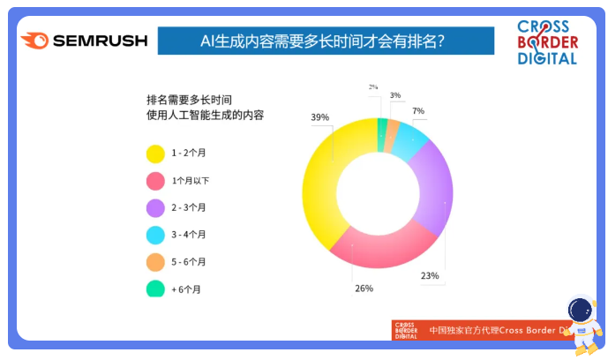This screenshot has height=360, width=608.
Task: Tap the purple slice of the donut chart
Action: pyautogui.click(x=435, y=190)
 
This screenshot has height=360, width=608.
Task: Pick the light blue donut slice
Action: pyautogui.click(x=409, y=140)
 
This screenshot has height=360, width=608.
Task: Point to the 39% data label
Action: pyautogui.click(x=320, y=117)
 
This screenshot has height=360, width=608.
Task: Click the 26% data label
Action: pyautogui.click(x=364, y=289)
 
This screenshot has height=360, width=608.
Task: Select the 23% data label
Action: pyautogui.click(x=430, y=275)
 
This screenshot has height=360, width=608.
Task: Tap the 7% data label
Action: pyautogui.click(x=418, y=111)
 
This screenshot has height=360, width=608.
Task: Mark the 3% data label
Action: pyautogui.click(x=395, y=95)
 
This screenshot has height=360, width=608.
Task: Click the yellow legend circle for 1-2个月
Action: pyautogui.click(x=155, y=154)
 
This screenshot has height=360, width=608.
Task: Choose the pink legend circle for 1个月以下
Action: pyautogui.click(x=155, y=181)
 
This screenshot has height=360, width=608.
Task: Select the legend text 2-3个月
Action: pyautogui.click(x=189, y=207)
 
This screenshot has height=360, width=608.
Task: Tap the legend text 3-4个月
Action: pyautogui.click(x=189, y=235)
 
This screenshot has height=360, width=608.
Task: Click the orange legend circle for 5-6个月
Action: pyautogui.click(x=155, y=262)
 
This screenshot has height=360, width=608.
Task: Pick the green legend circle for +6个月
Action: pyautogui.click(x=155, y=289)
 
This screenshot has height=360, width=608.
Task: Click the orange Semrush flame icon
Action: pyautogui.click(x=35, y=41)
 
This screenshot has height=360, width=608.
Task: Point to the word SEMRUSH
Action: pyautogui.click(x=100, y=41)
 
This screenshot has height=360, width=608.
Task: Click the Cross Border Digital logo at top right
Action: pyautogui.click(x=547, y=42)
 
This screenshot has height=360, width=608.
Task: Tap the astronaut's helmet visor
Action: pyautogui.click(x=580, y=310)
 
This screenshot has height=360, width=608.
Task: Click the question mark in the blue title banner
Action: pyautogui.click(x=440, y=41)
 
